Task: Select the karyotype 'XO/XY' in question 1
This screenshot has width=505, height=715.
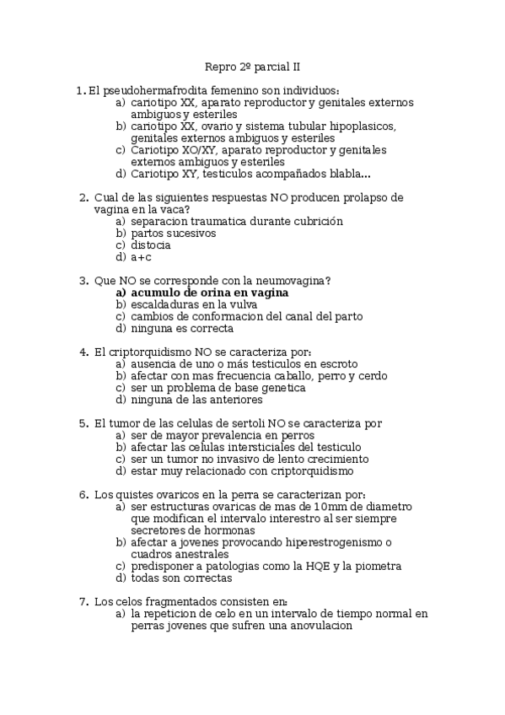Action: [196, 150]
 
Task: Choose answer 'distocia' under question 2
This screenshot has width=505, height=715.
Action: [151, 245]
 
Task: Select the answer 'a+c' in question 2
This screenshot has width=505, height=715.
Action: [141, 257]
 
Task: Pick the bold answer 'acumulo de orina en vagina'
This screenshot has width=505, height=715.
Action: [210, 293]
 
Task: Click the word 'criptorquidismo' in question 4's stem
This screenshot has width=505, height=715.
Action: [150, 352]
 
